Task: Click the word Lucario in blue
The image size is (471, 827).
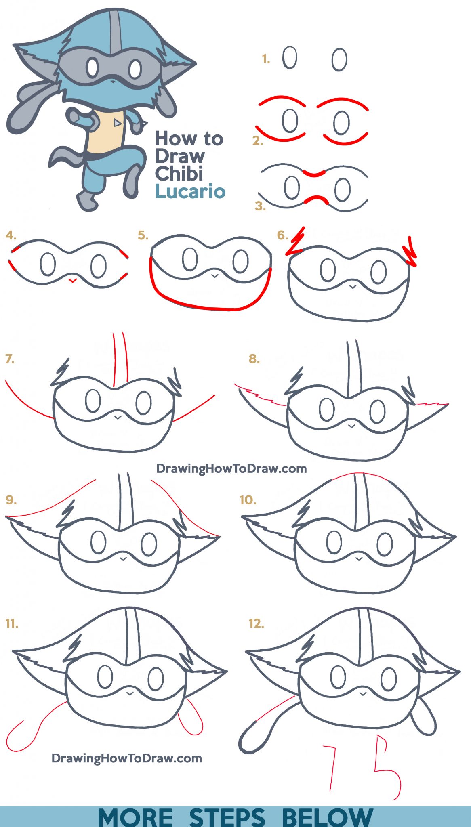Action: coord(190,191)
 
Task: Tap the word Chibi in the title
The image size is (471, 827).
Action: coord(179,174)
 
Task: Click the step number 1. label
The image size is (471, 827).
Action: coord(265,59)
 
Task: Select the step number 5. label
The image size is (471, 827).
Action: coord(143,235)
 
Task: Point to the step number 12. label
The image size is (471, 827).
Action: coord(256,623)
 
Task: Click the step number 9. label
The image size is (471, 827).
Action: coord(11,500)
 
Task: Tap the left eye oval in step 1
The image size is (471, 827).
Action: coord(290,57)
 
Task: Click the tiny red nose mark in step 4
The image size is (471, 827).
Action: coord(73,280)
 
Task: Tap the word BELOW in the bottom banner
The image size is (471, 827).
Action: coord(327,817)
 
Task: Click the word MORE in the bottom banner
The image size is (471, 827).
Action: coord(135,817)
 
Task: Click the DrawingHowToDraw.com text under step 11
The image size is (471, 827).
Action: coord(126,758)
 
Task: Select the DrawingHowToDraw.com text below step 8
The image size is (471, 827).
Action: coord(231,468)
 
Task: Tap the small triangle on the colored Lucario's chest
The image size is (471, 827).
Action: coord(117,122)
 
